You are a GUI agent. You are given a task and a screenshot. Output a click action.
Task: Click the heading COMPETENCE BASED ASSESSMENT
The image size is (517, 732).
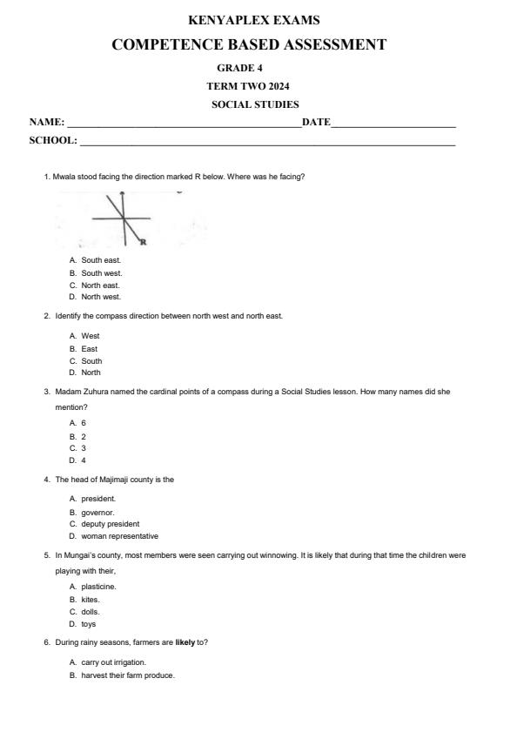coord(249,44)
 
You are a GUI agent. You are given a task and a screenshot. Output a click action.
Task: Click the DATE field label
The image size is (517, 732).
coord(315,122)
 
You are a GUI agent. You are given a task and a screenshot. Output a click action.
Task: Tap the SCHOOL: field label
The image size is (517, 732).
coord(53,139)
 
